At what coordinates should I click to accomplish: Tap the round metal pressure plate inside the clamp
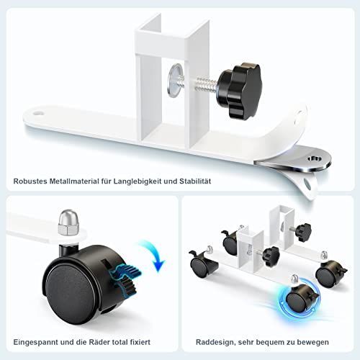click(175, 81)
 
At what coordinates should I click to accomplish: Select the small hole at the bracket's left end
click(37, 112)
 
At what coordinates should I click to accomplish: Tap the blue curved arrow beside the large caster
click(153, 255)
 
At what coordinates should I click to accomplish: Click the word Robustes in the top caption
click(30, 181)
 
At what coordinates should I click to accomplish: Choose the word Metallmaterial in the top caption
click(74, 181)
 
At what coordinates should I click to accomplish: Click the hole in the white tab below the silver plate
click(307, 183)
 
